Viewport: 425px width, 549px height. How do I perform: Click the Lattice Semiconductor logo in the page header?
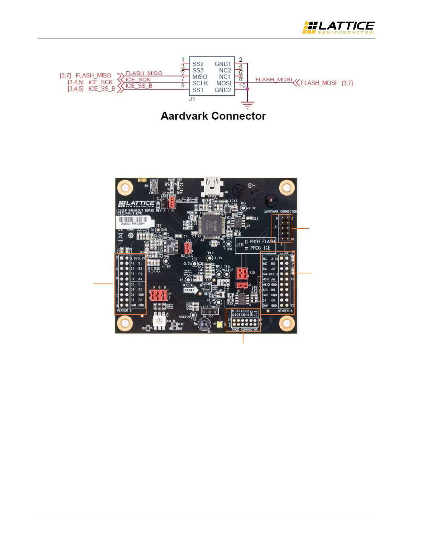coord(338,27)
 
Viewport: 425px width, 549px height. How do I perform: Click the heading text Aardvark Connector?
coord(213,116)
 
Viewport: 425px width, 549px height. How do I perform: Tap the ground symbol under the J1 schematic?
coord(247,104)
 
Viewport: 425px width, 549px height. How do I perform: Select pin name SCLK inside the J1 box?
coord(200,83)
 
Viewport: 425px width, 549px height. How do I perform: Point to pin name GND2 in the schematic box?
coord(223,90)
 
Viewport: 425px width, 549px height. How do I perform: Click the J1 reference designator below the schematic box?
coord(192,99)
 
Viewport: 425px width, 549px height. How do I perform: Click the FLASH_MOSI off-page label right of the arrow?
coord(318,83)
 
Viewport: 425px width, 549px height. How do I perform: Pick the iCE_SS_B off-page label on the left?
coord(102,89)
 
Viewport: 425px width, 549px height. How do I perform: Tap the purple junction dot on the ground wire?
coord(247,89)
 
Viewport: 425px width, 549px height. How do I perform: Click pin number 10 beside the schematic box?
coord(242,85)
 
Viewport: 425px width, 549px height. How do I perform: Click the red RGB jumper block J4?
coord(159,295)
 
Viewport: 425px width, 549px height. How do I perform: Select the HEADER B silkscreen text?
coord(124,311)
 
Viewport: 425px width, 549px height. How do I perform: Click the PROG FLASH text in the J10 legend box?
coord(262,241)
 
